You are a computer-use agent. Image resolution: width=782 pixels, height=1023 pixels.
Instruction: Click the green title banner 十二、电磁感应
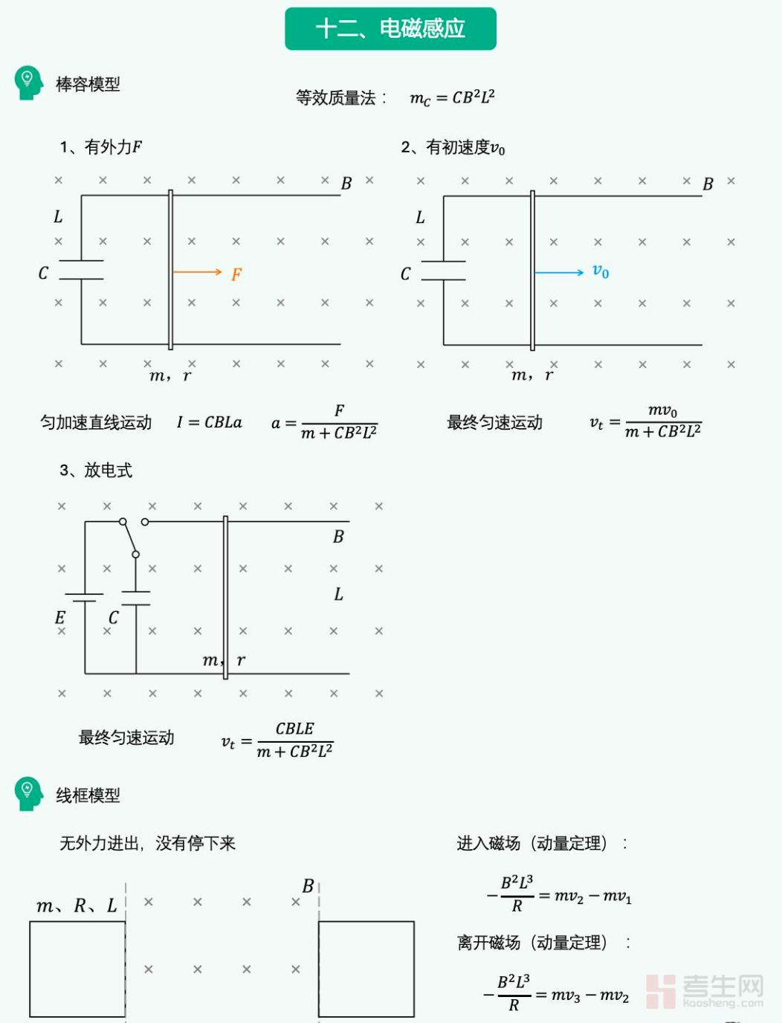390,29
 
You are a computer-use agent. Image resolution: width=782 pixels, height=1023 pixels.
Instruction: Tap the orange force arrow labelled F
198,272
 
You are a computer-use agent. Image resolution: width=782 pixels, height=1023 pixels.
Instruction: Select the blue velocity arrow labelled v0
560,273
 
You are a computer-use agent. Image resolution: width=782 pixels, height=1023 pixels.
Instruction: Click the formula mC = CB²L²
452,97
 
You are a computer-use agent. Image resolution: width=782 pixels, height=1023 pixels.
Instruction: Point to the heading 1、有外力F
101,147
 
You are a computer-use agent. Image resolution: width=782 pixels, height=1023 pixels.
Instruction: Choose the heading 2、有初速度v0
453,147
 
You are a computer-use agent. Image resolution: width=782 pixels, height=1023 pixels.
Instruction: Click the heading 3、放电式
96,470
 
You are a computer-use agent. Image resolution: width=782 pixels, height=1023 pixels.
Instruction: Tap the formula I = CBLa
210,422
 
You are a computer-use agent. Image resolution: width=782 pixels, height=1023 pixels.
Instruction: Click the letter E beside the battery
60,618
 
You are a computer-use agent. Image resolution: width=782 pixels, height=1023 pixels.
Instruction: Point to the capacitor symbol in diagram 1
81,270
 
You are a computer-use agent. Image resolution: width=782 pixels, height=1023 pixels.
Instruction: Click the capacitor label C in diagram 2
405,274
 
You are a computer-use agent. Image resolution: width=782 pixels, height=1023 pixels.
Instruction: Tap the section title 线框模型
88,796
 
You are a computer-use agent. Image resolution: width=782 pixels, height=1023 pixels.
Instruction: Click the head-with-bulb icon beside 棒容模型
28,83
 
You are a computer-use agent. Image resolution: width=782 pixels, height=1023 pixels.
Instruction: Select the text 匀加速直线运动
96,422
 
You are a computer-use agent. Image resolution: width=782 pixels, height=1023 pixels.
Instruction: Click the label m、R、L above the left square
77,906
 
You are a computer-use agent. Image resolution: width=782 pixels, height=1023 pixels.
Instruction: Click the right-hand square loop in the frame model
366,969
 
